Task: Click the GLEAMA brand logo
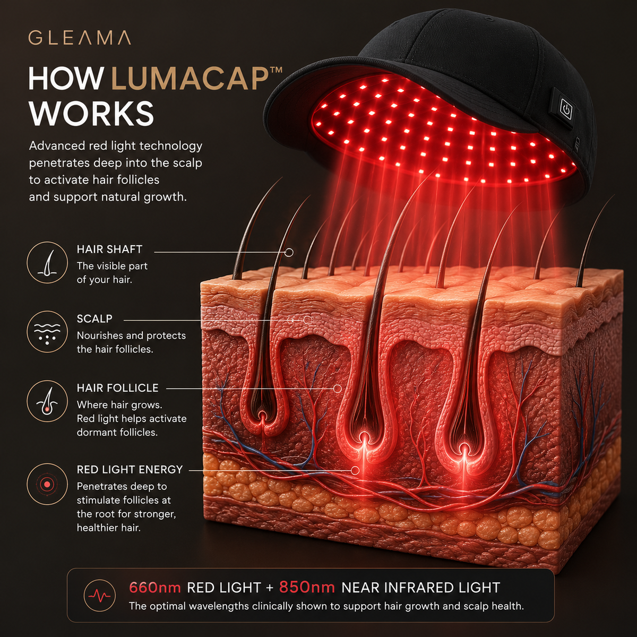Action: pos(79,38)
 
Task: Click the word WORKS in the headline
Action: pos(91,113)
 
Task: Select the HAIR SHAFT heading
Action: pos(109,249)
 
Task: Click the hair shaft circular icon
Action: pos(47,262)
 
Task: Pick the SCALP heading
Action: pos(94,318)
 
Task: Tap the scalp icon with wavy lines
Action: pos(47,332)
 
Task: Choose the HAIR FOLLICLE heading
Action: pos(118,388)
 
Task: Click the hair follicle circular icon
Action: pos(47,401)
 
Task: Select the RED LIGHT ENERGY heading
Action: pos(130,469)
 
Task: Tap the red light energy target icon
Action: pos(47,484)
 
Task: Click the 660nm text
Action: pos(155,588)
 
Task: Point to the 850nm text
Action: pos(307,588)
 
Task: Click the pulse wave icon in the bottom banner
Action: pos(99,596)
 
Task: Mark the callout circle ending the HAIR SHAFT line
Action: pos(289,253)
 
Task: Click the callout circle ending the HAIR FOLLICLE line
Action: pos(337,389)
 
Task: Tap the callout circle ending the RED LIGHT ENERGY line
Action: pos(355,470)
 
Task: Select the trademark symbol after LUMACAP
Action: pos(278,70)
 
